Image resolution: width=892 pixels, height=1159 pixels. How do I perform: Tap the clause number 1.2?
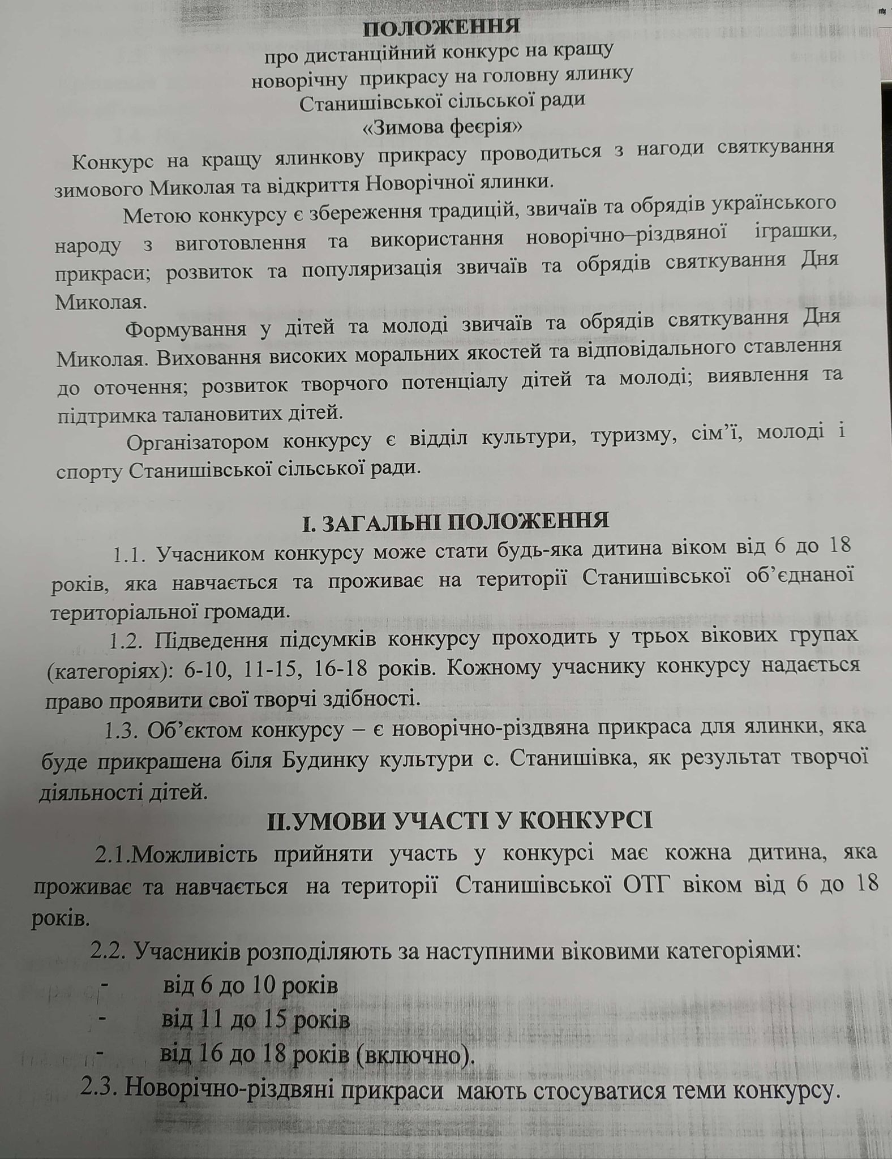coord(128,642)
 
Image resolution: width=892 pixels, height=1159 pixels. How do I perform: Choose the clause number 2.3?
coord(100,1088)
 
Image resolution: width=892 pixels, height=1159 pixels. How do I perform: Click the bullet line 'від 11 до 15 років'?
coord(255,1020)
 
